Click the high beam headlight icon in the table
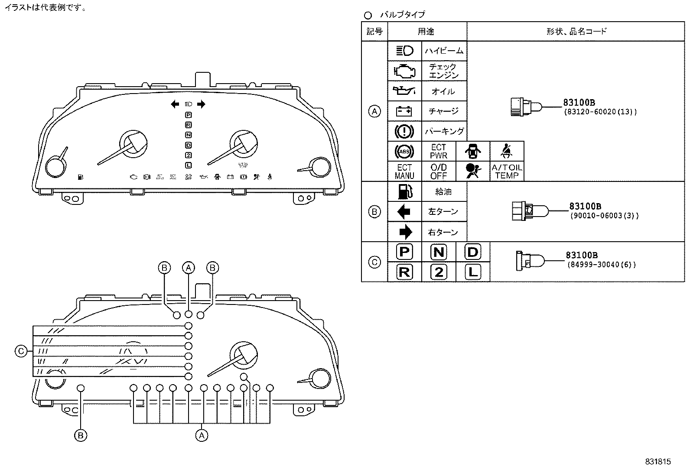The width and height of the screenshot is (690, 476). (404, 51)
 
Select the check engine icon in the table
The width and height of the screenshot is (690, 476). (404, 71)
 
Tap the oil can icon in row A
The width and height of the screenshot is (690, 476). (404, 91)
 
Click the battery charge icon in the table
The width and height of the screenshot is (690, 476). (404, 111)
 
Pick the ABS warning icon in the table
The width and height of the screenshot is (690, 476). (404, 151)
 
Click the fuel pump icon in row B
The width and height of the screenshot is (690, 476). (404, 191)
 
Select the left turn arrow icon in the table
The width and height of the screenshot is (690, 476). (404, 211)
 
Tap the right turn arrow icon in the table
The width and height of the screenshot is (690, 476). (405, 232)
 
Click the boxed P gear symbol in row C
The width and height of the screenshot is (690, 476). (404, 252)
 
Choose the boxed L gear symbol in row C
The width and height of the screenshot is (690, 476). (473, 272)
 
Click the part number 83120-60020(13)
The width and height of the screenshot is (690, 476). (600, 112)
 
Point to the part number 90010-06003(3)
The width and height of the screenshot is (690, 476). (604, 215)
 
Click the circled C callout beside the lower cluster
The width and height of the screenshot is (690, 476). (21, 351)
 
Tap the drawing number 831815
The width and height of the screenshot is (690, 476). (657, 462)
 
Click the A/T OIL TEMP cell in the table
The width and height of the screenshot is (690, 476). (507, 171)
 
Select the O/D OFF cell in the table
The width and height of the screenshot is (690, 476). (439, 171)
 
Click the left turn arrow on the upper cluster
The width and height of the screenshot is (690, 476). (175, 104)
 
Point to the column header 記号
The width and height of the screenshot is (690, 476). (374, 31)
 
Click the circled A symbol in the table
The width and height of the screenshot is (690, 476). (374, 111)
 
